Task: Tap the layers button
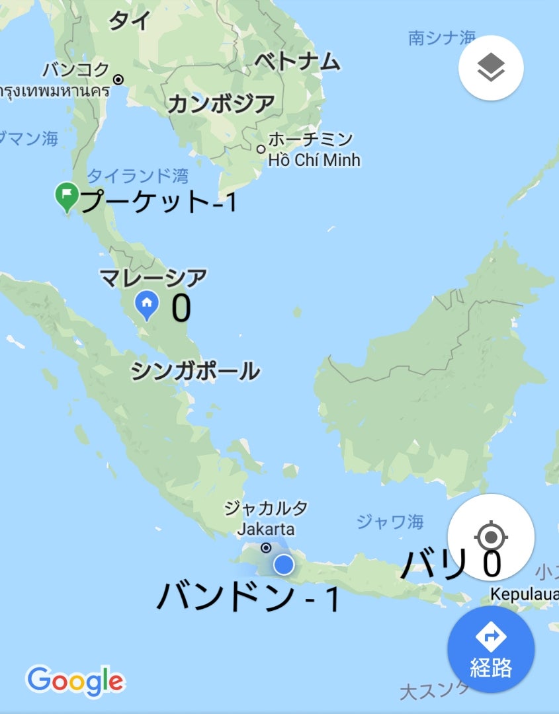click(x=491, y=67)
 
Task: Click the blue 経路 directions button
click(x=491, y=649)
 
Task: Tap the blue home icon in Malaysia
click(x=147, y=304)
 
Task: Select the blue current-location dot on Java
click(x=283, y=564)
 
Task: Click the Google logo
click(x=75, y=680)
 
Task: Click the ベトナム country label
click(x=297, y=62)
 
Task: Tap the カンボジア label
click(x=220, y=104)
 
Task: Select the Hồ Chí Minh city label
click(x=314, y=160)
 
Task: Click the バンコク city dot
click(x=118, y=79)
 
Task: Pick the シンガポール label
click(x=195, y=372)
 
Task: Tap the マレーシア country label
click(x=153, y=277)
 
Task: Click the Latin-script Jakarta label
click(x=266, y=529)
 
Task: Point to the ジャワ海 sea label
click(x=390, y=522)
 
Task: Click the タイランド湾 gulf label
click(x=138, y=176)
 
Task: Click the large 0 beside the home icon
click(x=181, y=308)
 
